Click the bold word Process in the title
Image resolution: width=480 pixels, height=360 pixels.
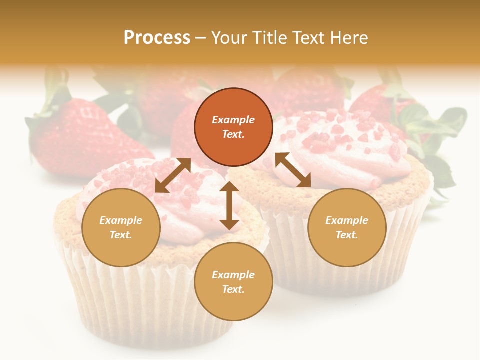(x=157, y=38)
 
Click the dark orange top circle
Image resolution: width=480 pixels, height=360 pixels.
(x=233, y=127)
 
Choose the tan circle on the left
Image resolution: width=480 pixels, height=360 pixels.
(x=121, y=227)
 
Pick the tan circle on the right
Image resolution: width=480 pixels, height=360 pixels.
(x=347, y=227)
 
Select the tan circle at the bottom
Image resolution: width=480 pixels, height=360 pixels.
(x=233, y=282)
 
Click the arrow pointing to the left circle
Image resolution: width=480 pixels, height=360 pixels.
(x=173, y=175)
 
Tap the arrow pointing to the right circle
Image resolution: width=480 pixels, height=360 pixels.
(x=293, y=170)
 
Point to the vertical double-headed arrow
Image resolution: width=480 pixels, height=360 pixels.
(x=229, y=205)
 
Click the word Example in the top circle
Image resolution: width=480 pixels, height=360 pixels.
(x=233, y=120)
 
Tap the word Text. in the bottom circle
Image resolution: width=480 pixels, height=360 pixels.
(x=233, y=289)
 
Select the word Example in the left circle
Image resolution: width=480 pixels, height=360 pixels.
(x=121, y=220)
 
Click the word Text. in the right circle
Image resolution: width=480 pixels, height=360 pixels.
(x=347, y=235)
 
